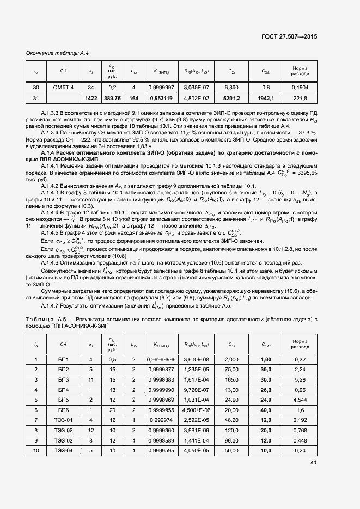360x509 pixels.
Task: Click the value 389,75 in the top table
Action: click(x=113, y=98)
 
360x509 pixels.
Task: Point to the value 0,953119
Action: click(x=163, y=98)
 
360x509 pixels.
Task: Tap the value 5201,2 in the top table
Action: click(x=231, y=98)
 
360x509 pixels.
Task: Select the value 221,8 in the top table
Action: click(x=300, y=98)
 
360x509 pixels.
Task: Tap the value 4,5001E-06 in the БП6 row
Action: click(x=197, y=410)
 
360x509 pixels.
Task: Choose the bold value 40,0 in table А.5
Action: click(x=266, y=410)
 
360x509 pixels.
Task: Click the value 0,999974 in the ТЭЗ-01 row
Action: click(x=163, y=420)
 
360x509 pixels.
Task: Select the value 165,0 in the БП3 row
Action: click(x=231, y=380)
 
